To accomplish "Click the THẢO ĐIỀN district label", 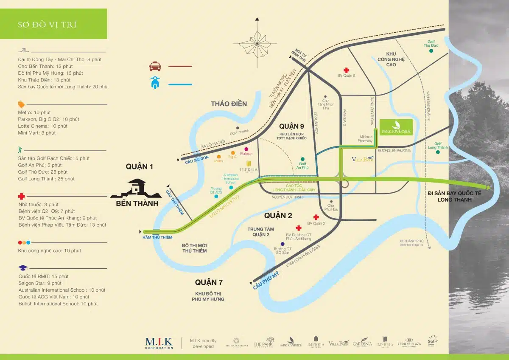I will (x=229, y=104).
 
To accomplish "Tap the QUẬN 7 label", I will (x=209, y=282).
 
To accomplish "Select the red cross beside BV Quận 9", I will (x=347, y=70).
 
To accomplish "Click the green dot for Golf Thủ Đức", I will (x=431, y=51).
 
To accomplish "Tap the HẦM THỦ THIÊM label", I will (x=157, y=237).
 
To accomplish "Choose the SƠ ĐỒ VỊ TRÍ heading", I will (x=48, y=24).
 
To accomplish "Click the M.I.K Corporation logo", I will (x=159, y=342).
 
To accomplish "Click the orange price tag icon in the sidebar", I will (x=21, y=104).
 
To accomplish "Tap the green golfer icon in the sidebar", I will (x=20, y=149).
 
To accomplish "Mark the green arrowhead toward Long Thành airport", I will (x=488, y=187).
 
